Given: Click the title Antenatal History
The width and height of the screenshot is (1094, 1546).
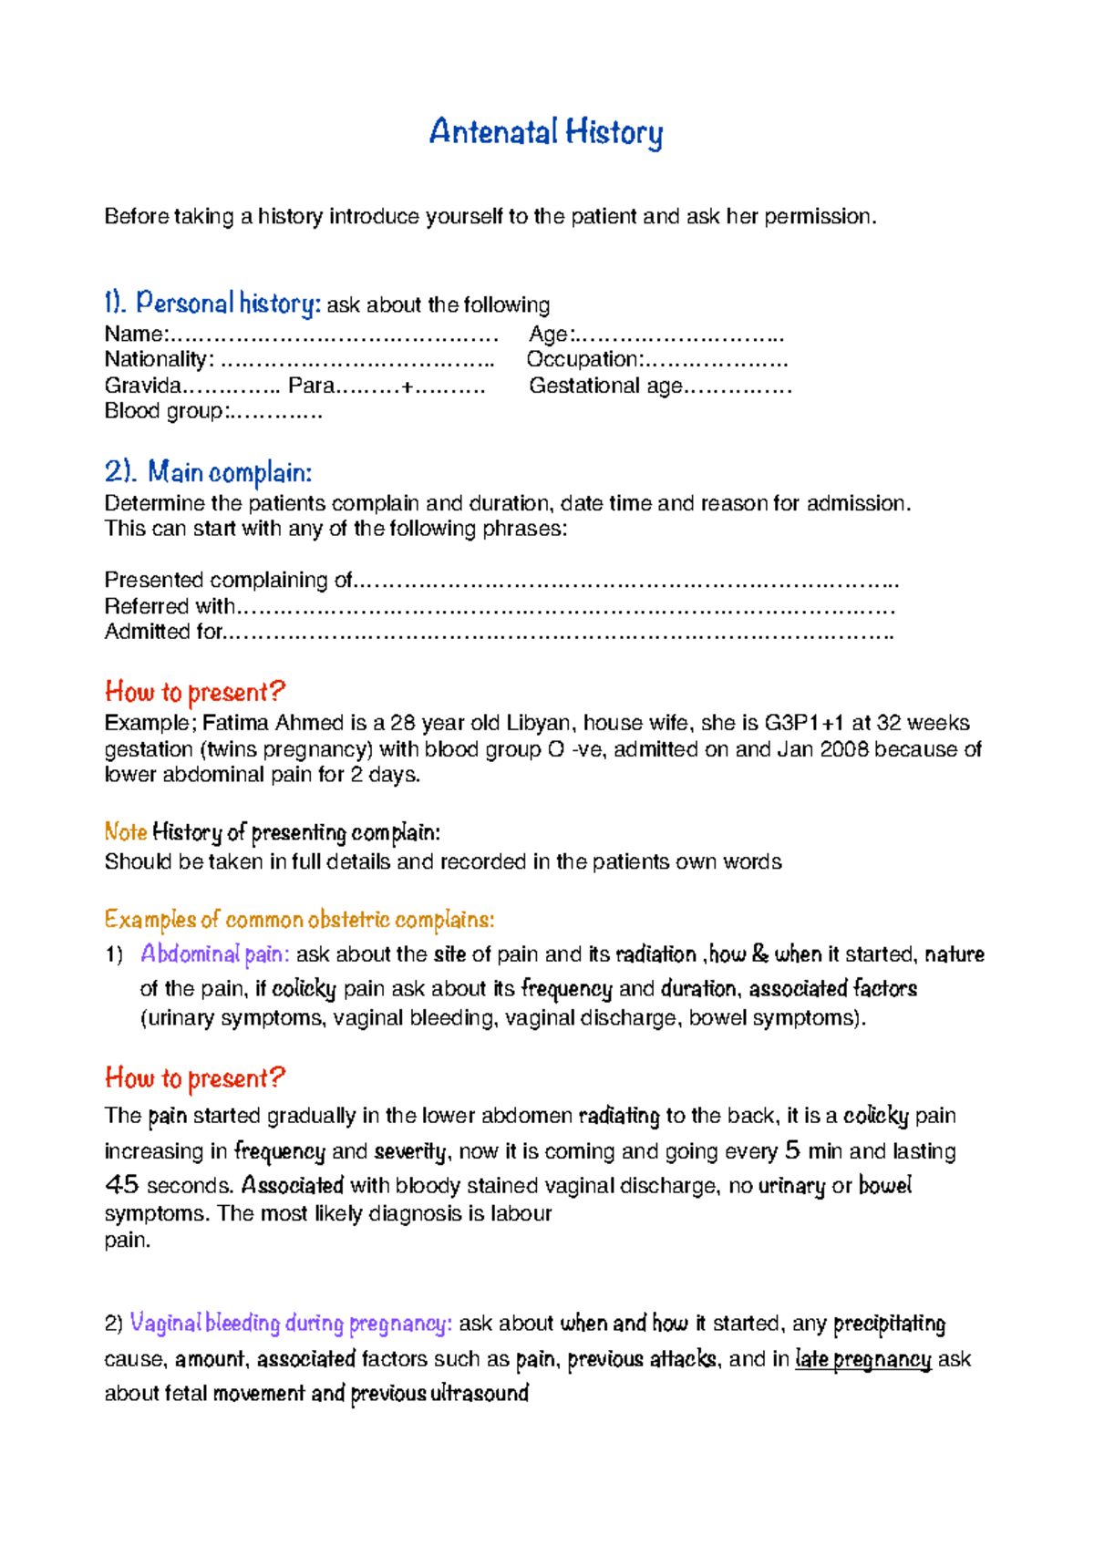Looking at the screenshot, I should (545, 132).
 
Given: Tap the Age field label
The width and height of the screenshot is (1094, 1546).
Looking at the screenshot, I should (550, 335).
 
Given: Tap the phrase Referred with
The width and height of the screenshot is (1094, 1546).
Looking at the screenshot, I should (170, 606).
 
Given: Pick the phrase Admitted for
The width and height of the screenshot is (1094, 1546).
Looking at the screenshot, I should (163, 632).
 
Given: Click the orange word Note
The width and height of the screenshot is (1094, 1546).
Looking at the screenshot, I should (125, 832).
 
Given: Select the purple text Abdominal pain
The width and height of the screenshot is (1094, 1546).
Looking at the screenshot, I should (214, 954).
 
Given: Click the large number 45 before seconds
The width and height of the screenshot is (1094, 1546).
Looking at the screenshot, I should (121, 1185).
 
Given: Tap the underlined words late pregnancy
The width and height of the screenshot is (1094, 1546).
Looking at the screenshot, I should (862, 1359).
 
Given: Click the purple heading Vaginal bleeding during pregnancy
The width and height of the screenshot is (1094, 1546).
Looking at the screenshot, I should (290, 1324).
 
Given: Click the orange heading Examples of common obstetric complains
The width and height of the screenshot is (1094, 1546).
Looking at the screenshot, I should (299, 919).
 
